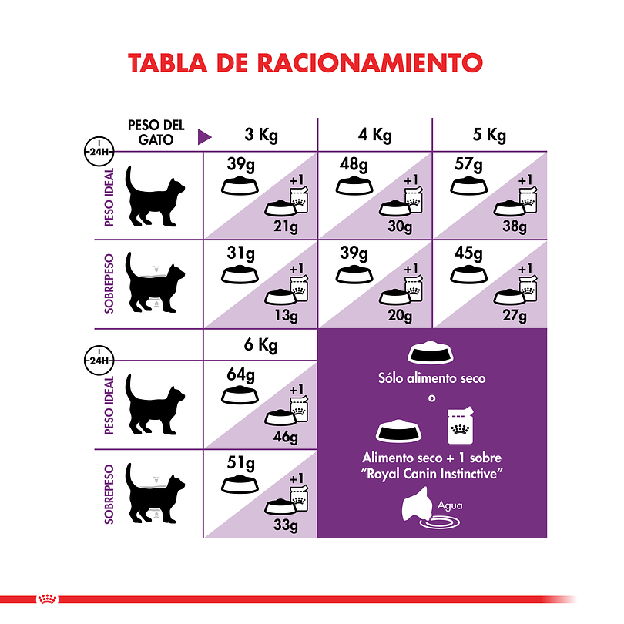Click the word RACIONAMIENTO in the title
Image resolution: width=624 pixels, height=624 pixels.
[x=369, y=62]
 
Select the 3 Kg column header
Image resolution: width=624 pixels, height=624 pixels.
[x=260, y=136]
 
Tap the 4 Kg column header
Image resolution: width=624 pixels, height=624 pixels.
[x=375, y=136]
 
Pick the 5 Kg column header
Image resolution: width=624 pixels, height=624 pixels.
[x=489, y=136]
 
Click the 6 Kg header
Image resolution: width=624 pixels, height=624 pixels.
[x=260, y=345]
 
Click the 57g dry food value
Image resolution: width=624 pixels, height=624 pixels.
[x=468, y=165]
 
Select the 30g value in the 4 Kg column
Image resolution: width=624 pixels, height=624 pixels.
[x=400, y=226]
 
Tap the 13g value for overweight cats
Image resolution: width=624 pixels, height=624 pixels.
[x=285, y=314]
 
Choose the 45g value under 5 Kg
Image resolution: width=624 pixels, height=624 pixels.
[x=468, y=254]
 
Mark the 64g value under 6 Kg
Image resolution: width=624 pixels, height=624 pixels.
[x=241, y=375]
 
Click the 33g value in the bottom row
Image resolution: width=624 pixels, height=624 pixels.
[x=285, y=525]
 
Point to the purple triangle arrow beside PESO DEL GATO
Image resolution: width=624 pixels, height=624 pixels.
[x=204, y=137]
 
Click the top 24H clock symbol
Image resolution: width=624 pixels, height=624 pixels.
[x=97, y=150]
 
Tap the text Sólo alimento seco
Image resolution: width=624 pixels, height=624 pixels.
[x=431, y=379]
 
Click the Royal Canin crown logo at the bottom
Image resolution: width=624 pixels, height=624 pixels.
[x=45, y=599]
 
